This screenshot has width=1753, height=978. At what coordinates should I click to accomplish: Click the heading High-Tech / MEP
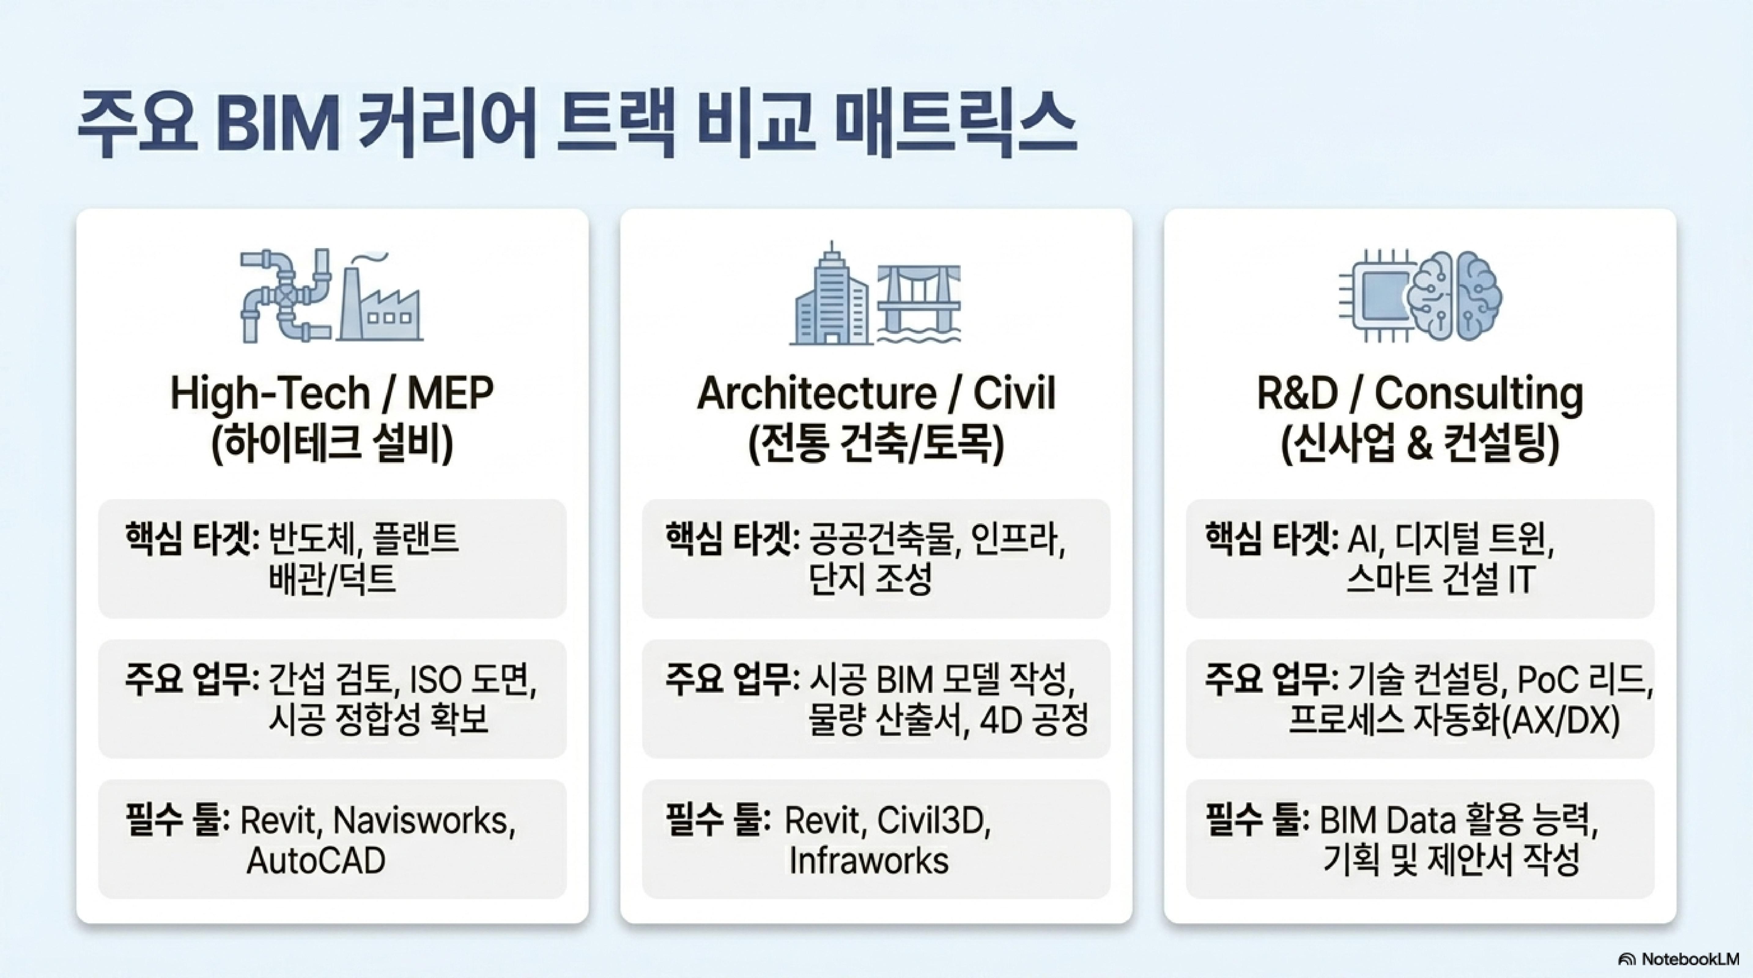[x=332, y=393]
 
